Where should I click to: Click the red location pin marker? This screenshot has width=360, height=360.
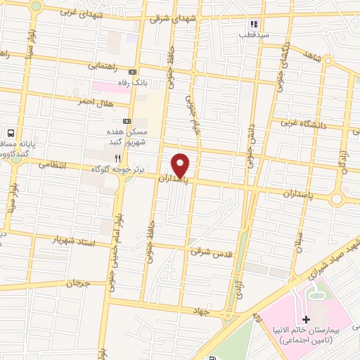(181, 165)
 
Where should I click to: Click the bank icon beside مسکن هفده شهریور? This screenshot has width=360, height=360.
(127, 120)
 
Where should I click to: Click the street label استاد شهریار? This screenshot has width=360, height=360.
(73, 240)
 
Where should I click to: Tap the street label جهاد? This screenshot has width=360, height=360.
(203, 310)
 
